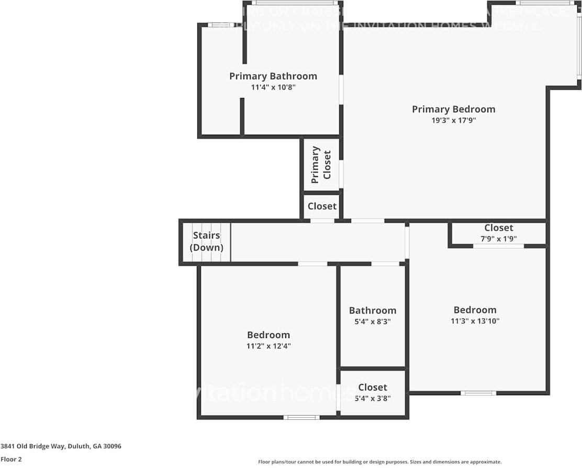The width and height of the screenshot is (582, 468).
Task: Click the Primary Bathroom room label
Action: click(x=273, y=76)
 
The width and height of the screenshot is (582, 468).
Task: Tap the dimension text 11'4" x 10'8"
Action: click(x=273, y=88)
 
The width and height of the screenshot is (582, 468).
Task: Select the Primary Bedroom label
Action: click(x=453, y=109)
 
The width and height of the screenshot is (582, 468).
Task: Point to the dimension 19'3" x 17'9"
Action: click(x=453, y=120)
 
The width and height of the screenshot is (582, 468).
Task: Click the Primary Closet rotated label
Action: click(x=321, y=165)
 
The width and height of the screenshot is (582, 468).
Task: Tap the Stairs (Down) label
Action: click(x=206, y=242)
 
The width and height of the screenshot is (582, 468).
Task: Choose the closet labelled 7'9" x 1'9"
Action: click(x=498, y=227)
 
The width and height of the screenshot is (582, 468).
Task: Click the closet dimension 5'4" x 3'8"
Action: click(x=373, y=398)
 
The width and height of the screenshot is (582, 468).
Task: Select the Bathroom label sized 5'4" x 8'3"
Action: click(x=373, y=310)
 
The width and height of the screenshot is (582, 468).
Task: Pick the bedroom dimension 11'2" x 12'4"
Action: click(x=268, y=346)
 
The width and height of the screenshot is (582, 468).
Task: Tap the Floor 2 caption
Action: click(x=11, y=459)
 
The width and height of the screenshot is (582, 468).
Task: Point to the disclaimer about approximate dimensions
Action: click(x=380, y=462)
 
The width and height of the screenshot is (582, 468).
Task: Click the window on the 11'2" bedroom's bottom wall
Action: click(x=301, y=417)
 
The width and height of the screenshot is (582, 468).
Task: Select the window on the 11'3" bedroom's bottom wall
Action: click(x=478, y=393)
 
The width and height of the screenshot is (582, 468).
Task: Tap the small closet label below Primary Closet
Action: click(x=322, y=206)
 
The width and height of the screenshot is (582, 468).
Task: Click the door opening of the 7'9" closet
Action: click(x=498, y=245)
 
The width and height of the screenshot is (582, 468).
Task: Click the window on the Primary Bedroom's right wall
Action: click(x=579, y=47)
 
